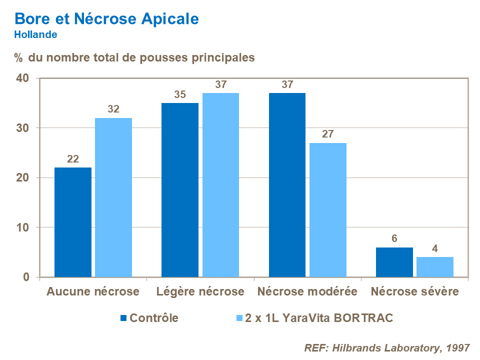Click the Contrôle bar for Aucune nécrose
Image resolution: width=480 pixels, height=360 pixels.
[73, 222]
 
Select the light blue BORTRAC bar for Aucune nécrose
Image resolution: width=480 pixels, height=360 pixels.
[113, 197]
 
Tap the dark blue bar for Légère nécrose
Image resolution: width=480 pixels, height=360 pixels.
[180, 190]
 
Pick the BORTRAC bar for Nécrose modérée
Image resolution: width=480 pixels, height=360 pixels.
[327, 210]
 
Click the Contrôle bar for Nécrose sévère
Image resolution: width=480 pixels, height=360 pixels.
[394, 262]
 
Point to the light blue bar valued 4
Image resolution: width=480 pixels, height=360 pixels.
[435, 267]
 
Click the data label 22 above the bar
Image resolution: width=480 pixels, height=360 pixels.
[73, 159]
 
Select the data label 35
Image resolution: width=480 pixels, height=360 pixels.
[180, 94]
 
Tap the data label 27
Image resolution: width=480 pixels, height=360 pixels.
[327, 134]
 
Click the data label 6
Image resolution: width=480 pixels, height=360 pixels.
[394, 238]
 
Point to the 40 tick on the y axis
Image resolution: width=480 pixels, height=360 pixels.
[23, 78]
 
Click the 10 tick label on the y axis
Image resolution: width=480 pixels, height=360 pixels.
[23, 227]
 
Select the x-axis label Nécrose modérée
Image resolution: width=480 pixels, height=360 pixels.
[307, 291]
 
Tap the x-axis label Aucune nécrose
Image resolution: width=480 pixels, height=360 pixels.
[93, 291]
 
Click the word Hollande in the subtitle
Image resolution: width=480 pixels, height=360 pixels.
[35, 35]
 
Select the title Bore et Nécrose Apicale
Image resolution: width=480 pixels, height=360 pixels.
[106, 18]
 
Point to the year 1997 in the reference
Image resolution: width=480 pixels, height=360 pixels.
[458, 348]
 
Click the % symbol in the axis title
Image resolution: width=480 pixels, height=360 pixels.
[18, 58]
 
